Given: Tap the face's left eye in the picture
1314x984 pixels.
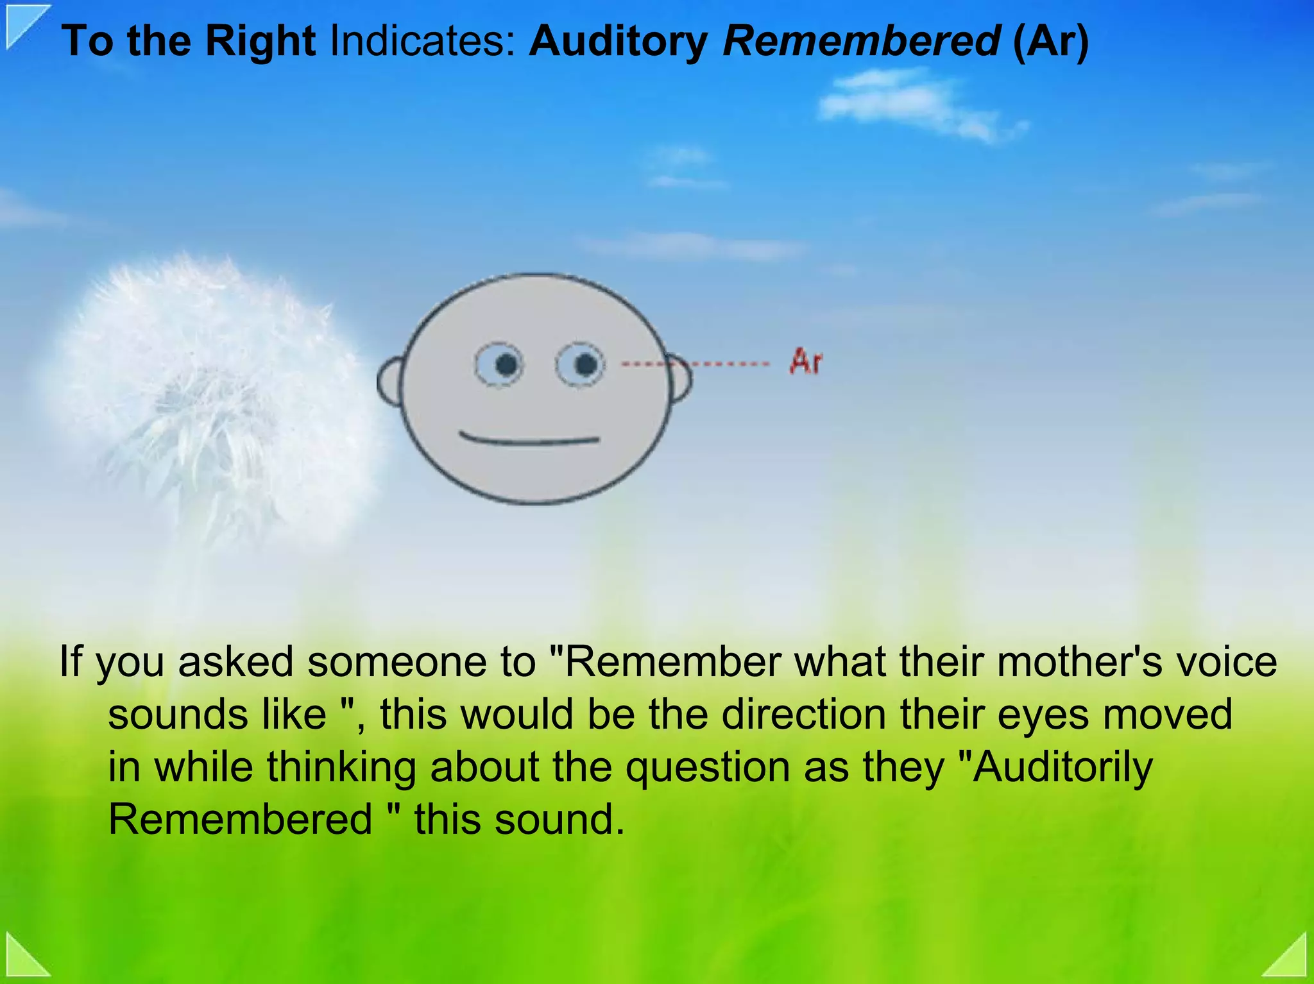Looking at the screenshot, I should pyautogui.click(x=499, y=365).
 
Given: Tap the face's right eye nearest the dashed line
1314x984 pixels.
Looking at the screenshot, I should pyautogui.click(x=580, y=365).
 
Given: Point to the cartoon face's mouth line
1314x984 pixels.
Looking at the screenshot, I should pyautogui.click(x=530, y=440).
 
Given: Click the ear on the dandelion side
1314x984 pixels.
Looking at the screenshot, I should pyautogui.click(x=389, y=382).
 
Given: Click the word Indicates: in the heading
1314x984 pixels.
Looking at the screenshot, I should pyautogui.click(x=423, y=41).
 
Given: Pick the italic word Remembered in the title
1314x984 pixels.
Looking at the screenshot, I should pyautogui.click(x=862, y=41).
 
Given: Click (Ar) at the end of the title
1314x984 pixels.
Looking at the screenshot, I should pyautogui.click(x=1051, y=41).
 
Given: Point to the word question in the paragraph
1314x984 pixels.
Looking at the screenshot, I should pyautogui.click(x=708, y=767).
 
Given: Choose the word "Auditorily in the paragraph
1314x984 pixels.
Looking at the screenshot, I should pyautogui.click(x=1055, y=767).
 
